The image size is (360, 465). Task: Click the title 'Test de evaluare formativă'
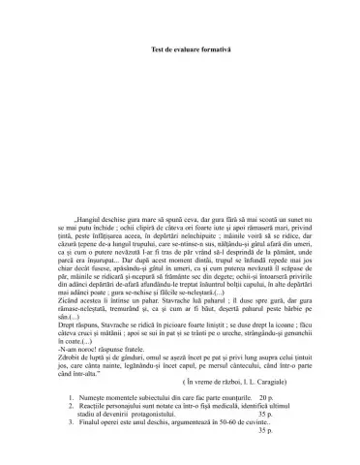point(179,48)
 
